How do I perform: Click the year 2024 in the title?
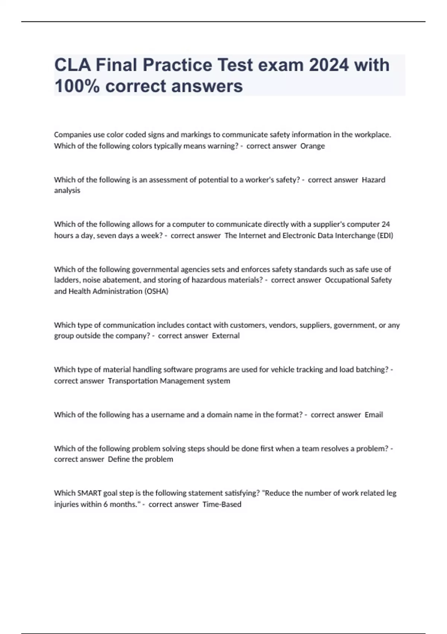(x=329, y=65)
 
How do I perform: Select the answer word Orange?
(x=313, y=146)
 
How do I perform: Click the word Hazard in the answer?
(x=374, y=180)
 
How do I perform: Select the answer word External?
(x=226, y=336)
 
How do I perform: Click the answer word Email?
(x=374, y=415)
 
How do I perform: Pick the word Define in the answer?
(x=118, y=459)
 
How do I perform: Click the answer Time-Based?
(x=222, y=504)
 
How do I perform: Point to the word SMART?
(x=89, y=493)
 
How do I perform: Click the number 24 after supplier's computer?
(x=386, y=224)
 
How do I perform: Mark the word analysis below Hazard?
(x=67, y=191)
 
